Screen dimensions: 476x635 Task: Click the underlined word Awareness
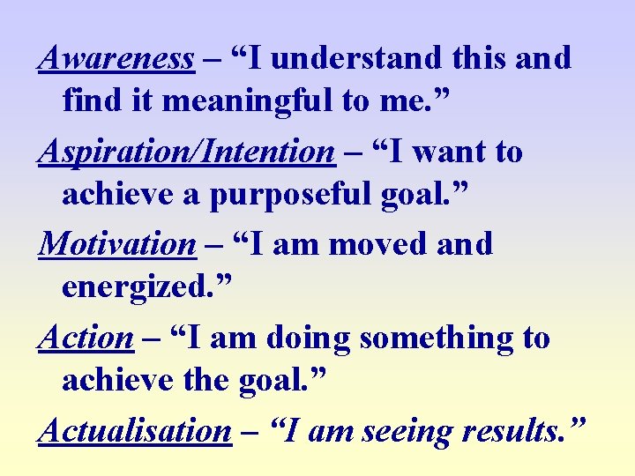click(x=116, y=59)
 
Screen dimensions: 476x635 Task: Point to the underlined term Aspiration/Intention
click(x=186, y=152)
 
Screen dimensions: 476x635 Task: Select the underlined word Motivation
click(x=116, y=244)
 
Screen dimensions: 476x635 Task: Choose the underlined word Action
click(x=86, y=338)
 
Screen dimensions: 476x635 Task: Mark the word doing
click(x=309, y=338)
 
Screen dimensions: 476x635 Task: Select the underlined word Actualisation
click(x=134, y=431)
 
